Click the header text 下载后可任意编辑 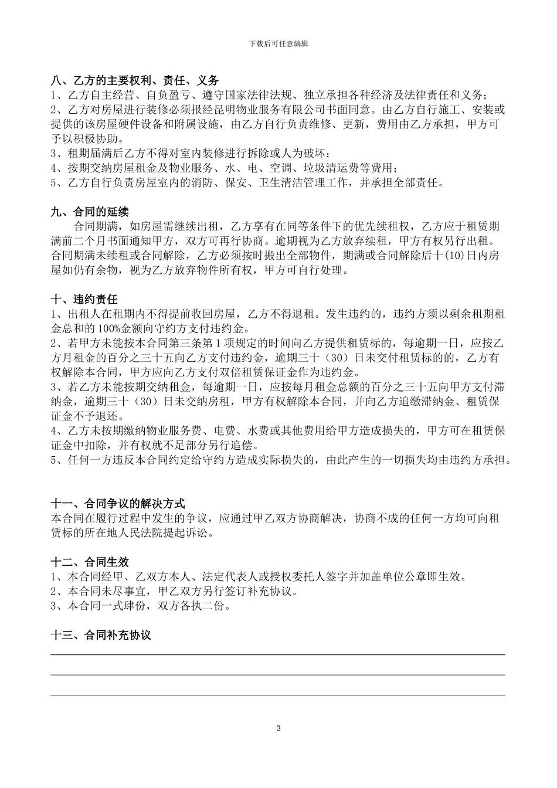click(278, 43)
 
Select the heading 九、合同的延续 click(90, 212)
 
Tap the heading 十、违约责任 click(84, 299)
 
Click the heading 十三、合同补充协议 click(101, 635)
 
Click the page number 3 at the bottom click(278, 728)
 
